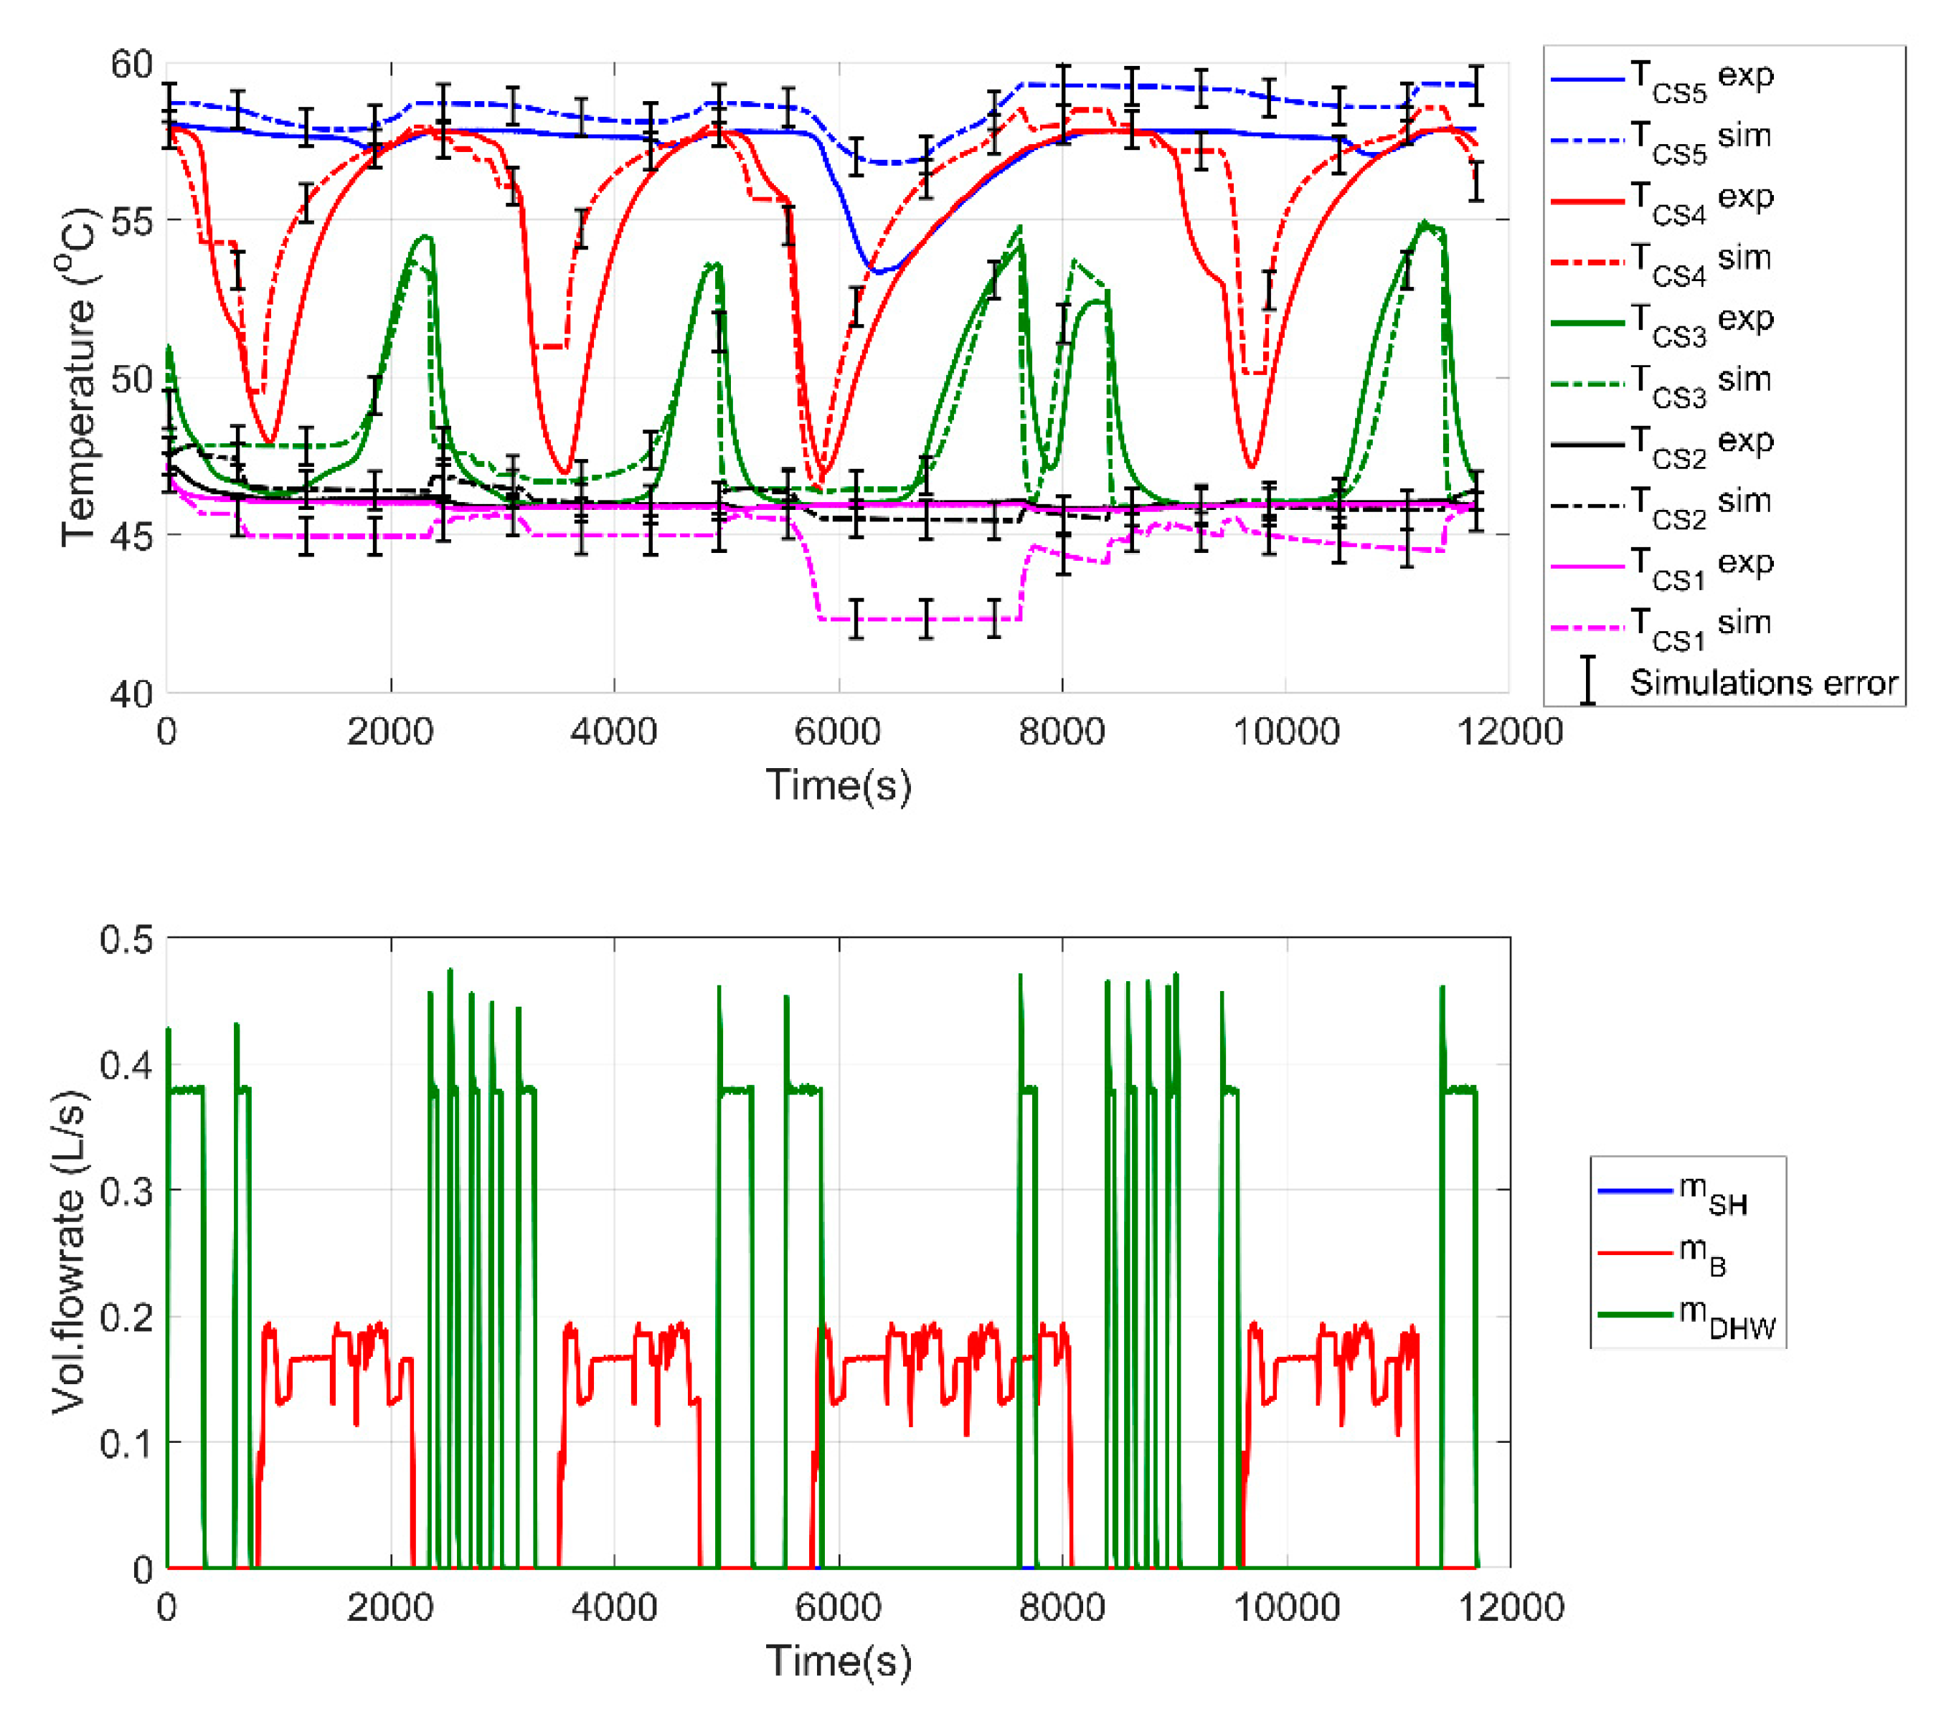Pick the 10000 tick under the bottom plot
pyautogui.click(x=1285, y=1608)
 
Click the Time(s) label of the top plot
pyautogui.click(x=839, y=785)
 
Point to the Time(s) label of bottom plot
pyautogui.click(x=839, y=1661)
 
